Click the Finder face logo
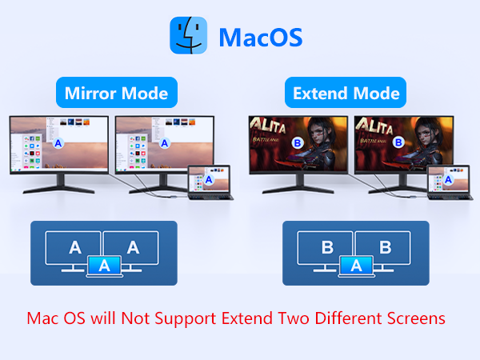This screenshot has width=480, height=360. (189, 37)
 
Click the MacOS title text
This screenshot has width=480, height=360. (260, 38)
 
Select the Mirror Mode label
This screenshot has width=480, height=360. (116, 94)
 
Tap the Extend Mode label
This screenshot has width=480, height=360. (346, 94)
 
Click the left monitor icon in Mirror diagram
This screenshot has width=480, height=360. (74, 247)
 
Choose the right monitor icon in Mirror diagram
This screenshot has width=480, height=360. (133, 247)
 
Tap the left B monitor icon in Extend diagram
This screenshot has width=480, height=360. (326, 247)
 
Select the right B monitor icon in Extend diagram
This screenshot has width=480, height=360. (385, 247)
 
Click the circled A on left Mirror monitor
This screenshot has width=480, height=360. (57, 145)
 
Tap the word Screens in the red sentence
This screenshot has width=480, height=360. (415, 318)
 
